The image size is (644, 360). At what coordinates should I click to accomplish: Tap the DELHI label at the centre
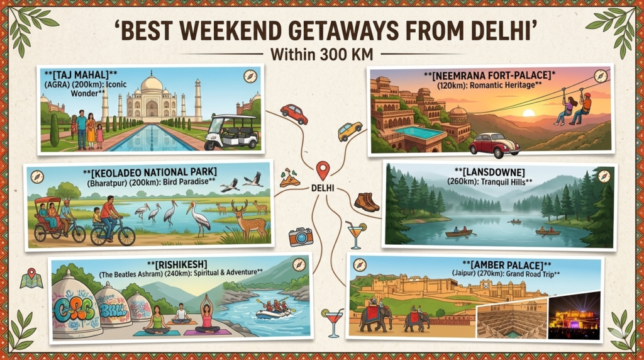323,188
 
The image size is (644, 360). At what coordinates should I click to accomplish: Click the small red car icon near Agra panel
294,113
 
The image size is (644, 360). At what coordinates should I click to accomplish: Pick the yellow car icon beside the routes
350,131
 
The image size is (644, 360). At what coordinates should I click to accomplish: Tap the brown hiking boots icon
366,201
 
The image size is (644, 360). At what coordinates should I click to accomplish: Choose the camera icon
301,236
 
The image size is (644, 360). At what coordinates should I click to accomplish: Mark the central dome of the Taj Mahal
152,85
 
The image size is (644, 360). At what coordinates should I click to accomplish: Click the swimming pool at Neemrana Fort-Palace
418,133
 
